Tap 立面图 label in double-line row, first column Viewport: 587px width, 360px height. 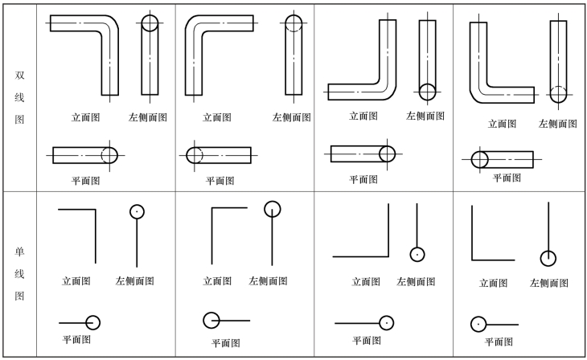tap(85, 117)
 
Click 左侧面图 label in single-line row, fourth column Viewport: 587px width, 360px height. tap(549, 283)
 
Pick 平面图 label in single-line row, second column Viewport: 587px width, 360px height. tap(225, 343)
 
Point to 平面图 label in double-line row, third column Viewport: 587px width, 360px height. tap(363, 179)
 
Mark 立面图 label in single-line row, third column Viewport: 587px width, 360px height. tap(366, 281)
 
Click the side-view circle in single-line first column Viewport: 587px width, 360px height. tap(137, 212)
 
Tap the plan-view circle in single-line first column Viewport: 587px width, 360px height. tap(92, 322)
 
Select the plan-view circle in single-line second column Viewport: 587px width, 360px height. tap(211, 321)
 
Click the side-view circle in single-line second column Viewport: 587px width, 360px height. tap(273, 209)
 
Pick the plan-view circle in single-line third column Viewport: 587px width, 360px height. tap(386, 322)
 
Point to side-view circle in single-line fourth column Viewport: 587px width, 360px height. tap(548, 258)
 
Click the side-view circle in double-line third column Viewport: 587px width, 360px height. tap(427, 92)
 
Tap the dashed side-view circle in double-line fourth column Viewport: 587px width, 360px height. tap(558, 93)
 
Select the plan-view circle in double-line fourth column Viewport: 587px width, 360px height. tap(479, 159)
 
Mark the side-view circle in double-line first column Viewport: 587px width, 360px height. tap(150, 23)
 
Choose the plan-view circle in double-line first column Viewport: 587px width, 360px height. tap(109, 154)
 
